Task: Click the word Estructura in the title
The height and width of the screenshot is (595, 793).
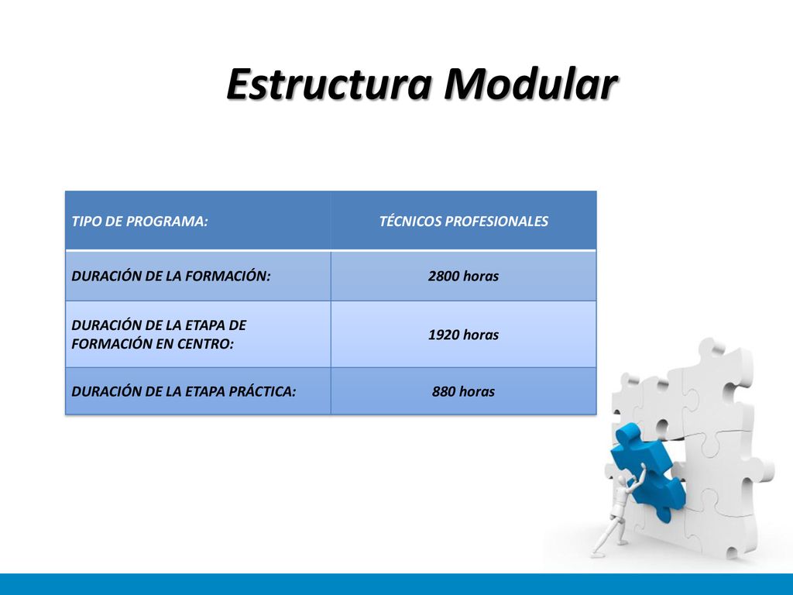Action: pyautogui.click(x=329, y=84)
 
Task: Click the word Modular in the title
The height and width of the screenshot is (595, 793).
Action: pyautogui.click(x=530, y=84)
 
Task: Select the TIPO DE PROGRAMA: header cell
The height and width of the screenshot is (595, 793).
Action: pyautogui.click(x=198, y=221)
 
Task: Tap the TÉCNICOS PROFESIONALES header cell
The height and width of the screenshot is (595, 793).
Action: pyautogui.click(x=464, y=221)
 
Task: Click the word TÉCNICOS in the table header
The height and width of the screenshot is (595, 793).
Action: pyautogui.click(x=410, y=221)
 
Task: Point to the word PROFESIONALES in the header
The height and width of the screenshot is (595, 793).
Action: pyautogui.click(x=496, y=222)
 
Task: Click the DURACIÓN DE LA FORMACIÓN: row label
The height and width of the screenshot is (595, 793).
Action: pyautogui.click(x=171, y=276)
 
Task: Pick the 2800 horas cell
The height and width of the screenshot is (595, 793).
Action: pyautogui.click(x=464, y=276)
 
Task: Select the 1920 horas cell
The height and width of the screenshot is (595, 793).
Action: pyautogui.click(x=464, y=335)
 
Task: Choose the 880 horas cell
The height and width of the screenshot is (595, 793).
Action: pyautogui.click(x=464, y=391)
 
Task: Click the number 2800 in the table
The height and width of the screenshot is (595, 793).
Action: pyautogui.click(x=444, y=277)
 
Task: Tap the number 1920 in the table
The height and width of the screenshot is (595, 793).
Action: pyautogui.click(x=444, y=335)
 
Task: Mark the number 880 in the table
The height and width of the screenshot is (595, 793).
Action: pyautogui.click(x=444, y=391)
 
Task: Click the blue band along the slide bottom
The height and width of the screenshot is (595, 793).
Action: pyautogui.click(x=396, y=584)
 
